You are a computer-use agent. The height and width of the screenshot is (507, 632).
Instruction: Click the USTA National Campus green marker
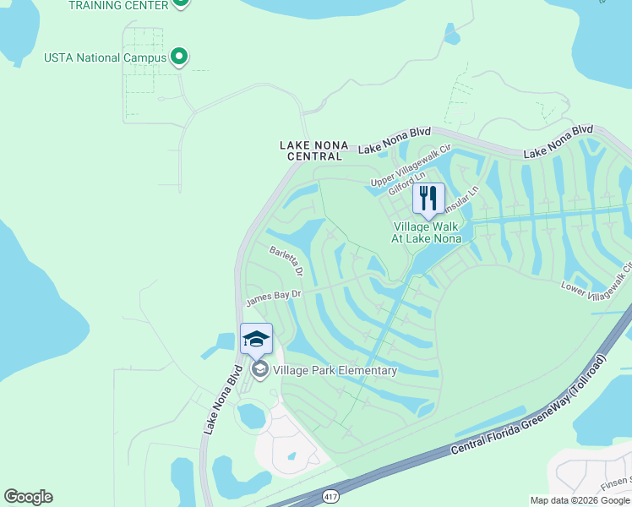coord(179,57)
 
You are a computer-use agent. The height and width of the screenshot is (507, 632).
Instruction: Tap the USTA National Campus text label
coord(106,58)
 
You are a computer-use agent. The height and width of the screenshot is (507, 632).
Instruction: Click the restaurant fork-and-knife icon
coord(428,199)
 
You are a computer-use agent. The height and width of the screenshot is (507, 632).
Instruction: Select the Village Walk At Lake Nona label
coord(427,232)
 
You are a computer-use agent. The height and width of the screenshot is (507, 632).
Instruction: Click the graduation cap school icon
coord(256,340)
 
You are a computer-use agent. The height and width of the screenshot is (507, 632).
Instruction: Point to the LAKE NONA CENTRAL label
coord(312,151)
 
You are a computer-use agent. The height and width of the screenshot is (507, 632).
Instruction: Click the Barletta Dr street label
coord(286,261)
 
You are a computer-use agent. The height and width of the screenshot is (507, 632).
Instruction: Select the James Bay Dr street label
coord(273,297)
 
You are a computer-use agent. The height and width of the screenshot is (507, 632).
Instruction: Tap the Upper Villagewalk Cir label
coord(412,166)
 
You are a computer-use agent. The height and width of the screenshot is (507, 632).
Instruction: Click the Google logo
coord(28,497)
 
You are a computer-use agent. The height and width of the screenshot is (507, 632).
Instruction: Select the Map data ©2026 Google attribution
coord(580,500)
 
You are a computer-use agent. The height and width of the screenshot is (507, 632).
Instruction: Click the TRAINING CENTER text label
coord(117,5)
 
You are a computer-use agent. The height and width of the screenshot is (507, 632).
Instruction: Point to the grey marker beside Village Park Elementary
coord(259,369)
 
